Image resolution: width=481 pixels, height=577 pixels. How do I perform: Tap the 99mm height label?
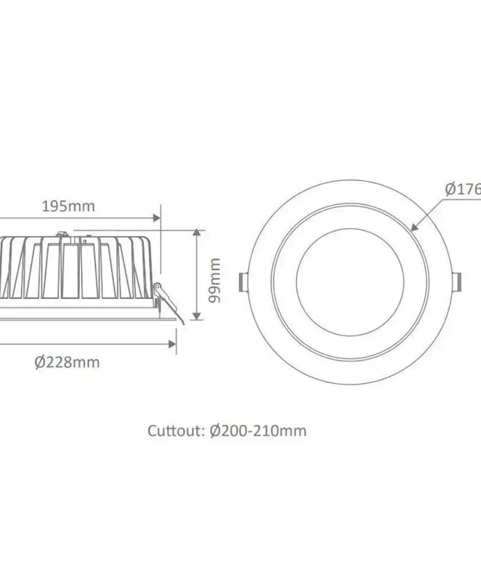pyautogui.click(x=216, y=280)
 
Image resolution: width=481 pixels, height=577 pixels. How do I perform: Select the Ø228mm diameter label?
pyautogui.click(x=67, y=362)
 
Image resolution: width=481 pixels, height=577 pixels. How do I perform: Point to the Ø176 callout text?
pyautogui.click(x=462, y=189)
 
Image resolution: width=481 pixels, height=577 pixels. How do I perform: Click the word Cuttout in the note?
pyautogui.click(x=176, y=431)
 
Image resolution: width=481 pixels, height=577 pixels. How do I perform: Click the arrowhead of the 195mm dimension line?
pyautogui.click(x=157, y=218)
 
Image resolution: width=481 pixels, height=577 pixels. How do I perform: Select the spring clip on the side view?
pyautogui.click(x=166, y=298)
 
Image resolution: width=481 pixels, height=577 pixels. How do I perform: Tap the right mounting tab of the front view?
pyautogui.click(x=457, y=281)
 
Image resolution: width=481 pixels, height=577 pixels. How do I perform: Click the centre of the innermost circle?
pyautogui.click(x=350, y=281)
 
